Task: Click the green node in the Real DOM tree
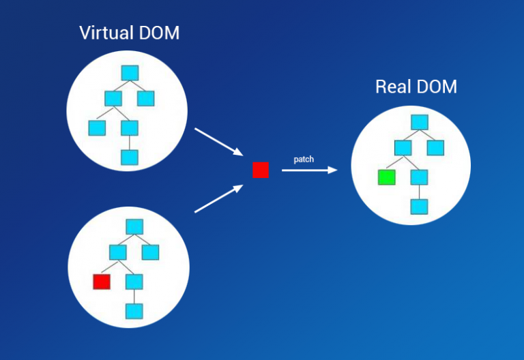click(x=387, y=177)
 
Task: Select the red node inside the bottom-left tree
click(x=102, y=281)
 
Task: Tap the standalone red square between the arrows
click(x=260, y=170)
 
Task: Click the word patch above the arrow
click(x=304, y=159)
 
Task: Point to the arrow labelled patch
click(x=309, y=170)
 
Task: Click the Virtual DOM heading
click(x=130, y=33)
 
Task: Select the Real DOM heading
click(x=416, y=87)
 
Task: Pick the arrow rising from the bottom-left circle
click(x=218, y=198)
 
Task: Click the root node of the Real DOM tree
click(x=419, y=122)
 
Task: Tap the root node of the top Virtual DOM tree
click(x=130, y=72)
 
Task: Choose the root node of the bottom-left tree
click(x=134, y=226)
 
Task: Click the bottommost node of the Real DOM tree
click(x=419, y=207)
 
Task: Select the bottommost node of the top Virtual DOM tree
click(x=130, y=157)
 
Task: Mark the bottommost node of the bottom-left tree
click(x=134, y=311)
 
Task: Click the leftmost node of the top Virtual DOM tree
click(x=97, y=127)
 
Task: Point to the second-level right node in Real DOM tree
click(x=435, y=147)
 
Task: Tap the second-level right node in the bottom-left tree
click(x=151, y=252)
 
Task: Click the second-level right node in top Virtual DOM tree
click(x=146, y=98)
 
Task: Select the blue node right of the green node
click(x=419, y=177)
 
